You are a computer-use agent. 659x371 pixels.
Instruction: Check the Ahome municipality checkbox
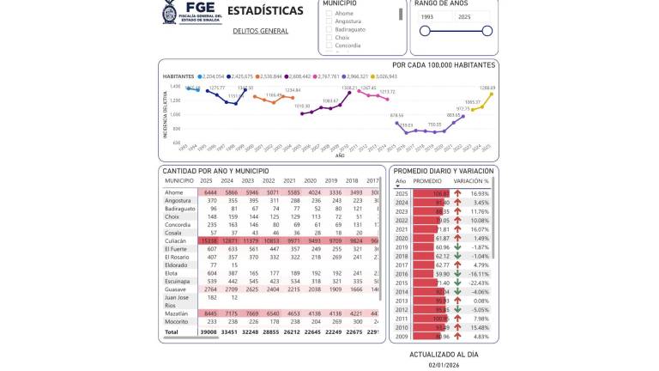click(x=329, y=14)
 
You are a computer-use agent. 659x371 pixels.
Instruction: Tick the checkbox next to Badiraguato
click(x=329, y=29)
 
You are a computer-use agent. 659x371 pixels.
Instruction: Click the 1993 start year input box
click(x=435, y=16)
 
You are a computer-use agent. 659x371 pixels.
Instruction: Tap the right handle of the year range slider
click(x=487, y=31)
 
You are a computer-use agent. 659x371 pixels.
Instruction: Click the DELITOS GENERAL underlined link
click(x=260, y=31)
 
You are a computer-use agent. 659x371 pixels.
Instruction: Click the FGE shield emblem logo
click(x=169, y=12)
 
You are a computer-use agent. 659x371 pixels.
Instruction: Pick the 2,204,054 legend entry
click(x=211, y=76)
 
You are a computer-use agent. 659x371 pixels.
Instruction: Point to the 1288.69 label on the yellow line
click(x=487, y=88)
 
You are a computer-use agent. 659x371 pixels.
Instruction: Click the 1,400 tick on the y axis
click(x=175, y=86)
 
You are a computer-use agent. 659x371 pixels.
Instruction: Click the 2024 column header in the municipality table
click(x=228, y=180)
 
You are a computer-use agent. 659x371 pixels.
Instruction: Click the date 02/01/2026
click(x=444, y=364)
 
